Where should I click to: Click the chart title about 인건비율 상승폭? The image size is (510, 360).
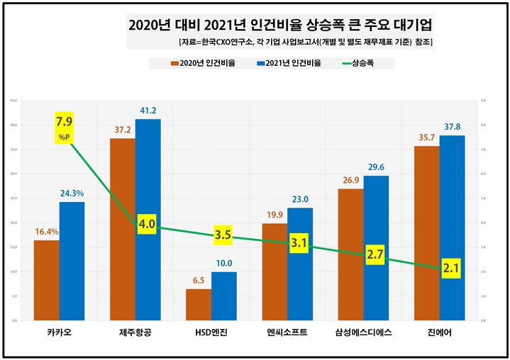click(x=280, y=26)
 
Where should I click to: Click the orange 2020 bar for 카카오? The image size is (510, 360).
click(x=47, y=280)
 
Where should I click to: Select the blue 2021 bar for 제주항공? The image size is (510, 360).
click(x=148, y=220)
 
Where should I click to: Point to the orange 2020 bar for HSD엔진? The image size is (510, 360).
click(x=199, y=305)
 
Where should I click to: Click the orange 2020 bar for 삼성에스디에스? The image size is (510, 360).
click(x=350, y=255)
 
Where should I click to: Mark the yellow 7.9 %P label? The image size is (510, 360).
click(x=65, y=128)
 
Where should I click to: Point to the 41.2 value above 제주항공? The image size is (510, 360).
click(x=148, y=111)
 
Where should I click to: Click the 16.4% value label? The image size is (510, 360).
click(x=47, y=231)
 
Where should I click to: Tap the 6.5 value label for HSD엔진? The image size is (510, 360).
click(x=199, y=280)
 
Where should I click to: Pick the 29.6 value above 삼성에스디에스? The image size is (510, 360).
click(x=376, y=167)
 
